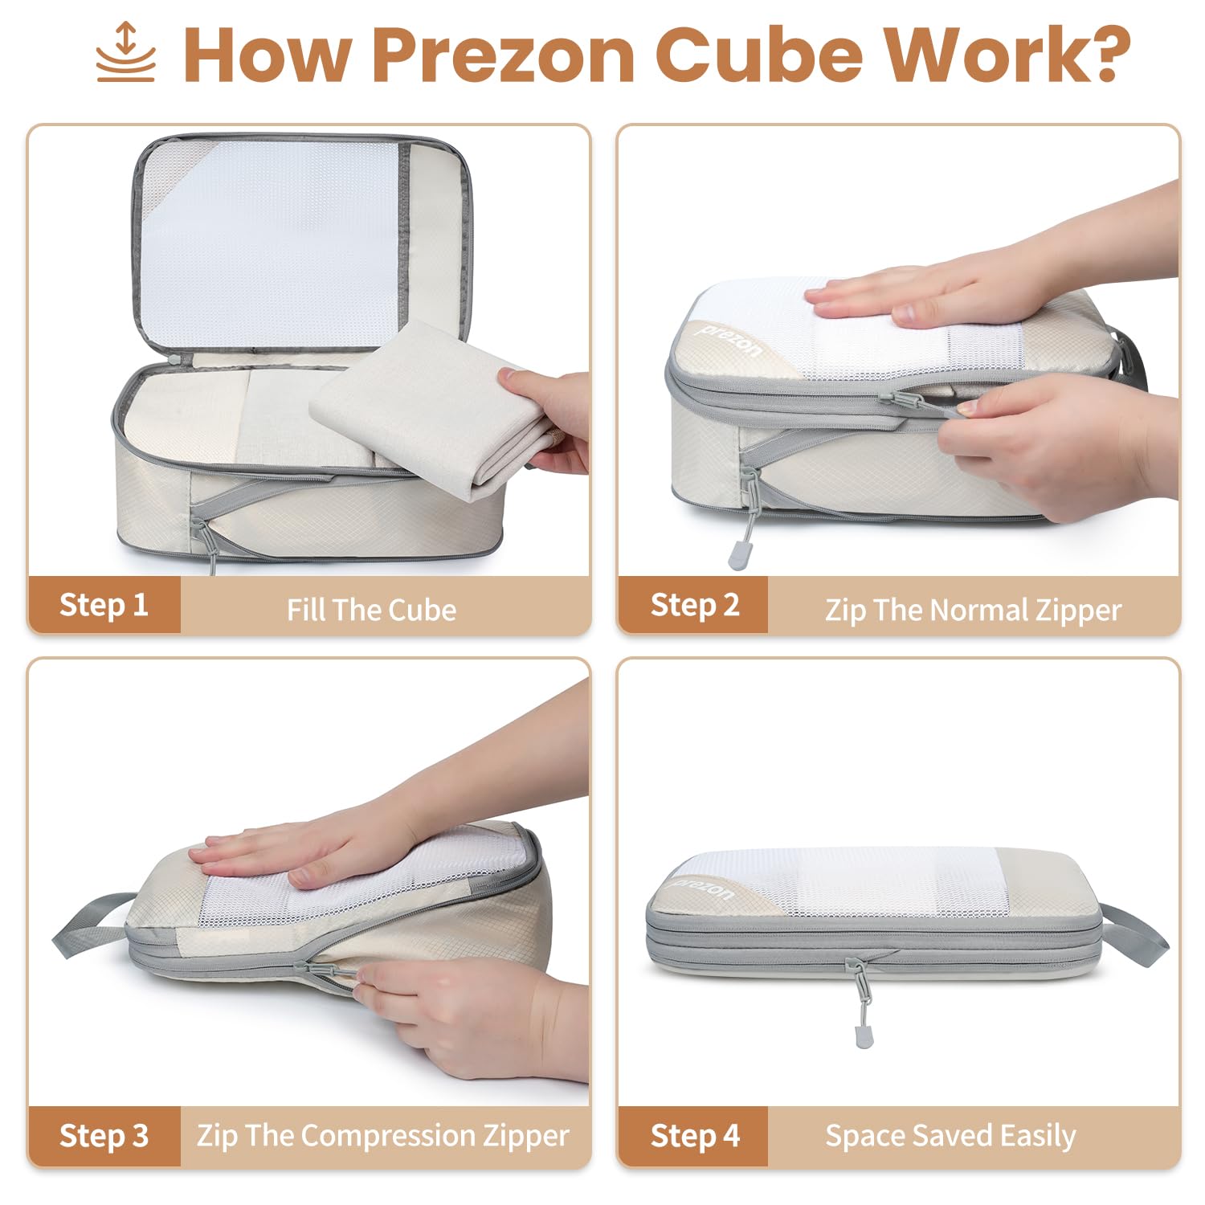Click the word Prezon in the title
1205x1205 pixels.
pos(504,55)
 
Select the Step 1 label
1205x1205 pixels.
pos(104,604)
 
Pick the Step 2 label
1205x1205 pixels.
pos(695,604)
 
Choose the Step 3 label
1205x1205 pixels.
pos(104,1136)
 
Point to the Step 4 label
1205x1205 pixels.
pos(695,1136)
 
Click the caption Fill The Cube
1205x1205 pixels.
pos(371,610)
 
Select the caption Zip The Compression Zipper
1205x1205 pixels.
pos(383,1136)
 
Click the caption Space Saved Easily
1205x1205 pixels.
pos(950,1136)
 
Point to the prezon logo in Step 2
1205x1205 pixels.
pos(728,340)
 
